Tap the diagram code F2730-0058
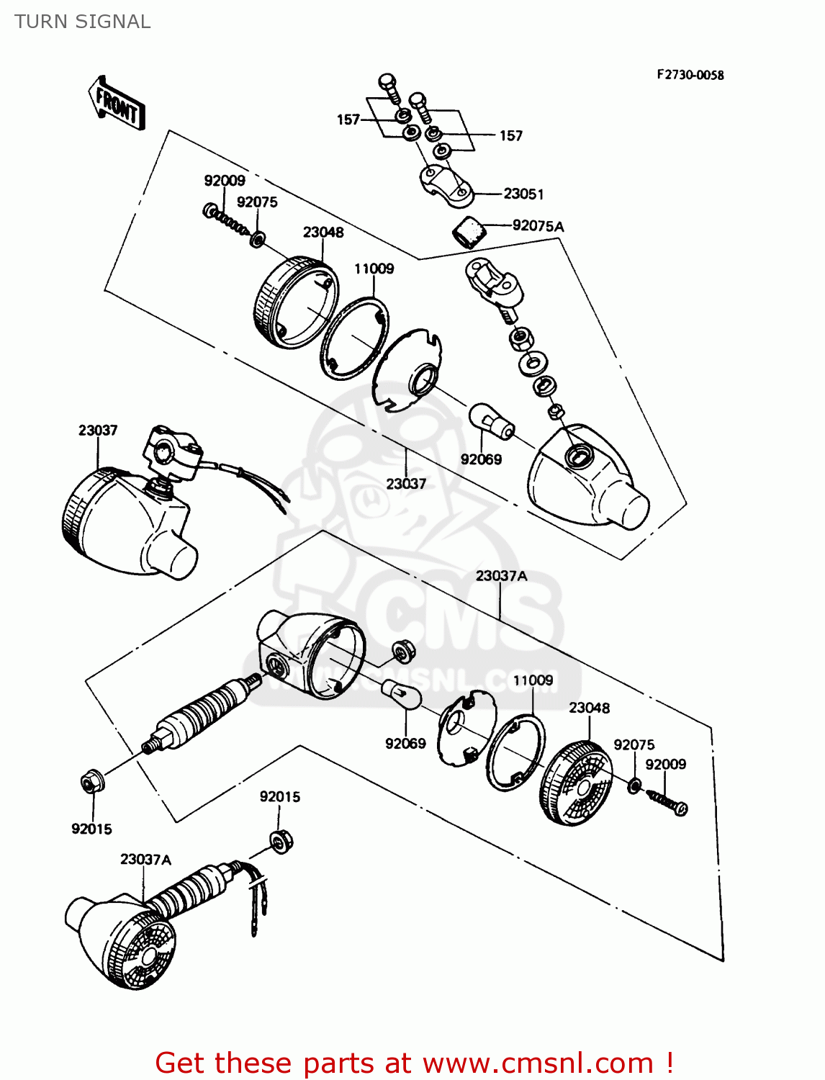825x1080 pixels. coord(689,75)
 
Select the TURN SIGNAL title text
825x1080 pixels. coord(82,22)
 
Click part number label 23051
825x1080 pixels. coord(523,194)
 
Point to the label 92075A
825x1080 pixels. coord(538,226)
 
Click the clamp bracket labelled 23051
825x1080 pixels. coord(446,182)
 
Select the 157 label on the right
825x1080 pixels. coord(510,135)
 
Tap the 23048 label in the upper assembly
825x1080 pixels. coord(323,232)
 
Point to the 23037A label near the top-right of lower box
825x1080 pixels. coord(501,576)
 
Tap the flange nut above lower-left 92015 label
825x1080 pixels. coord(91,781)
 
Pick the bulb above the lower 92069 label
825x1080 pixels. coord(402,695)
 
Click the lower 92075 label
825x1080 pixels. coord(634,744)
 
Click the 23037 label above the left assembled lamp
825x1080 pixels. coord(98,430)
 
